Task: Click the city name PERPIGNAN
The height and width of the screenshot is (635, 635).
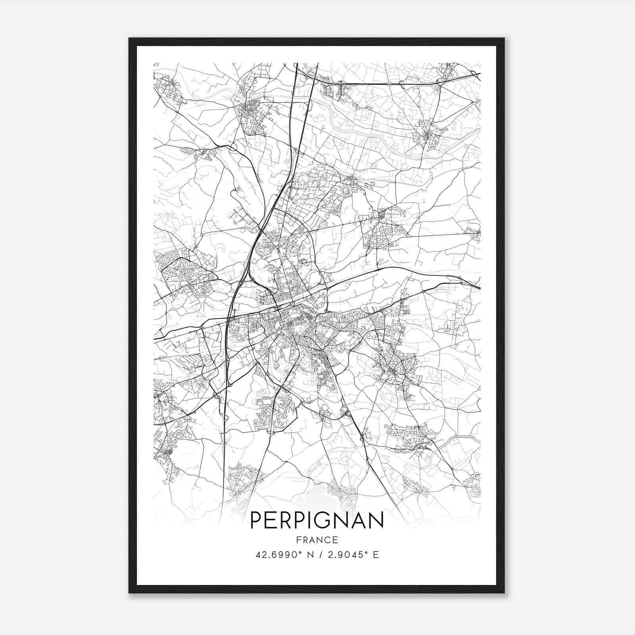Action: (x=317, y=520)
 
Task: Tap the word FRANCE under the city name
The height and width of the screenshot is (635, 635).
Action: (x=317, y=540)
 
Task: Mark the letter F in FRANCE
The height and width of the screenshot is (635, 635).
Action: (x=298, y=540)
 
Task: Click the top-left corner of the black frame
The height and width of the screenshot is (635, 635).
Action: (x=129, y=39)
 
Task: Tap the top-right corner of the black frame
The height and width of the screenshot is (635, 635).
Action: (x=504, y=39)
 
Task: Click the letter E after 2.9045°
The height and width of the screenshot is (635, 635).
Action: (x=375, y=554)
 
